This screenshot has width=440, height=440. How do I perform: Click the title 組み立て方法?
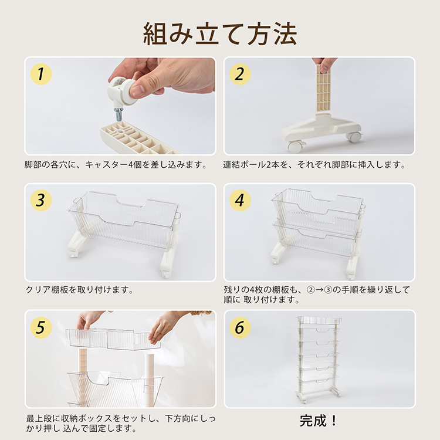(x=220, y=34)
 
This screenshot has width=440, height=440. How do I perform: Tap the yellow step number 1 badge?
(x=41, y=74)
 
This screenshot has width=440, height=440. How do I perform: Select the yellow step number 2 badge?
(x=240, y=74)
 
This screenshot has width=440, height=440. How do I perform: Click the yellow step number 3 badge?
(x=41, y=200)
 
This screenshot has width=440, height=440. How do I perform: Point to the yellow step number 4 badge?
(x=240, y=200)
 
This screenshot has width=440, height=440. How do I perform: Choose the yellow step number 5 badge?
(x=41, y=327)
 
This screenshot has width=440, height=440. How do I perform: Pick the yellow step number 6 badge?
(x=240, y=327)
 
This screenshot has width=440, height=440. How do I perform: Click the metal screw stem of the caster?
(x=118, y=114)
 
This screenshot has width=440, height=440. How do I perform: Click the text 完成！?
(x=318, y=421)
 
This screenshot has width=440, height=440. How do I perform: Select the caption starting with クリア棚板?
(x=79, y=289)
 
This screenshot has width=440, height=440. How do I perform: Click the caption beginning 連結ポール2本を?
(x=314, y=164)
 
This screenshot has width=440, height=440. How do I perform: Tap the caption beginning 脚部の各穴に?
(x=116, y=164)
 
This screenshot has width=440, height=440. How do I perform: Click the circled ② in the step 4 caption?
(x=310, y=290)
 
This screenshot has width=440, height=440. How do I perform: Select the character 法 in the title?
(x=285, y=34)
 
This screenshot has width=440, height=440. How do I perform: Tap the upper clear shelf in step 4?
(x=317, y=211)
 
